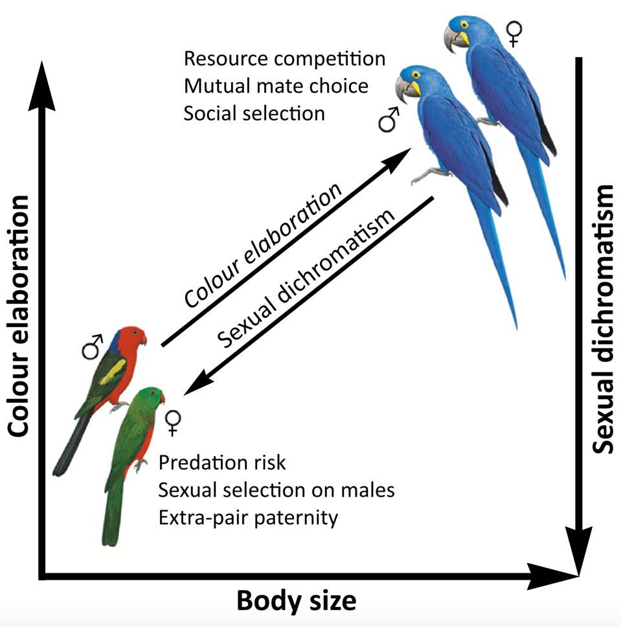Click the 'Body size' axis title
pos(296,600)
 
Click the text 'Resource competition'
pos(284,58)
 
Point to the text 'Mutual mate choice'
pos(276,85)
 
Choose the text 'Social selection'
pos(254,113)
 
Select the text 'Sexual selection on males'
pos(277,490)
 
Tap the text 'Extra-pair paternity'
pos(248,518)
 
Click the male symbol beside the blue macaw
pos(389,120)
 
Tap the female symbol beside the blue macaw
pos(514,33)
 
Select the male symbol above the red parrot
pos(93,347)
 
